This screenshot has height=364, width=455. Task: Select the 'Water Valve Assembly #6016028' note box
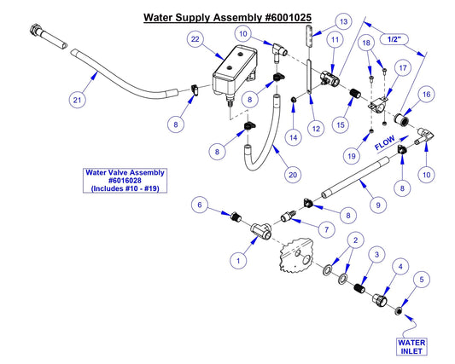coord(125,181)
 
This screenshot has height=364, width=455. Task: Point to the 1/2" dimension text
coord(394,39)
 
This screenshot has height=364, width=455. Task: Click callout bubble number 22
coord(195,40)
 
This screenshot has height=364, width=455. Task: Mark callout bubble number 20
coord(293,174)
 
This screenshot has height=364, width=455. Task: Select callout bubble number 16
coord(426,95)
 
